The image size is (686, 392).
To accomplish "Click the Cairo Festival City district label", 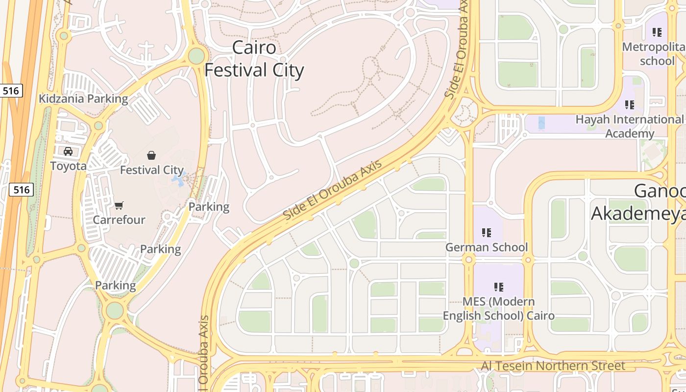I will click(254, 59).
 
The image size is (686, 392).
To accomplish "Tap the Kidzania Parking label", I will click(83, 98).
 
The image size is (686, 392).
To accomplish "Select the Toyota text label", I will click(68, 166).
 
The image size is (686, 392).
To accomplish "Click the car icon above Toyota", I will click(68, 151).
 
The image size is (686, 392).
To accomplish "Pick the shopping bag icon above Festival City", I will click(151, 155).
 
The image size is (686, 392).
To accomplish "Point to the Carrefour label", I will click(119, 220).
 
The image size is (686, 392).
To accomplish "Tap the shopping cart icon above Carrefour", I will click(119, 205).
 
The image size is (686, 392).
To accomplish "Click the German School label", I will click(487, 247).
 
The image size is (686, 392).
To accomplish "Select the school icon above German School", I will click(487, 232).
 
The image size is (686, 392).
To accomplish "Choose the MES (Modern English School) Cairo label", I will click(499, 308).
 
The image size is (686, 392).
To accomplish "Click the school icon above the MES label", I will click(499, 287).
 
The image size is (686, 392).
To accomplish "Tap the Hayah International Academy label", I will click(630, 126).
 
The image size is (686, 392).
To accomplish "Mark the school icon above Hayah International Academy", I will click(630, 104).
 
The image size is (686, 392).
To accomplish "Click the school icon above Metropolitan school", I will click(657, 32).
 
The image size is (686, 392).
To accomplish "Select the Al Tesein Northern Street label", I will click(553, 366).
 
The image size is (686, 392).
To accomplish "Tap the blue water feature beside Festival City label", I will click(178, 181).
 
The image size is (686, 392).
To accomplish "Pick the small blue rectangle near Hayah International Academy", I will click(541, 122).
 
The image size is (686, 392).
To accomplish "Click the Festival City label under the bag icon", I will click(152, 170).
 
